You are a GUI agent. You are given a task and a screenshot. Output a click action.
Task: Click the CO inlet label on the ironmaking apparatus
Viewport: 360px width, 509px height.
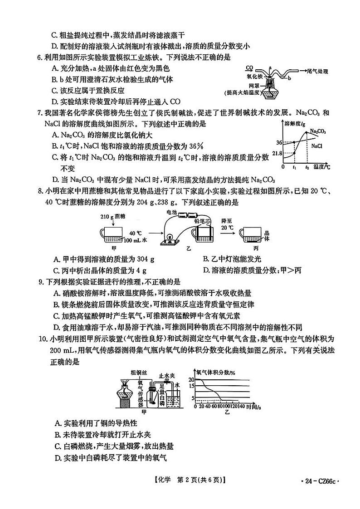tap(249, 68)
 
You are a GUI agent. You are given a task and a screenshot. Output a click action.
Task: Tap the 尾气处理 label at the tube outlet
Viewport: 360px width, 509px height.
tap(317, 72)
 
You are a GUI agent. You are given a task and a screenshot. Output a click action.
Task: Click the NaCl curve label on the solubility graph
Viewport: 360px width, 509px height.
tap(317, 146)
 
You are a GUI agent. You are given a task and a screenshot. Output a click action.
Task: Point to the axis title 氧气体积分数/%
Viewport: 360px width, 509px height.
tap(215, 373)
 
